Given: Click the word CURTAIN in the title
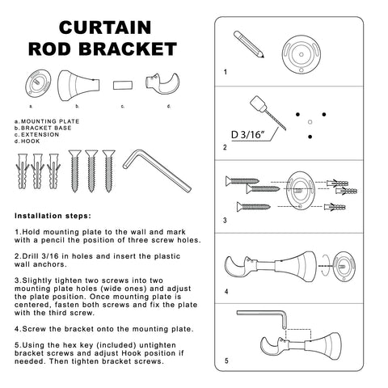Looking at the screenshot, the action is click(x=105, y=27).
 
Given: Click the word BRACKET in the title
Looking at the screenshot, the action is click(x=128, y=48).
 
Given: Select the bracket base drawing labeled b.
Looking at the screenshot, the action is click(x=78, y=86).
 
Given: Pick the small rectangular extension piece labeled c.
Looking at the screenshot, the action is click(x=123, y=85).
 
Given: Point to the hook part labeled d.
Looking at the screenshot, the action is click(x=162, y=83).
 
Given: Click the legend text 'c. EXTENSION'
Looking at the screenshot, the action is click(x=36, y=134).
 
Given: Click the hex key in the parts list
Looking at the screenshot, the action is click(x=157, y=171).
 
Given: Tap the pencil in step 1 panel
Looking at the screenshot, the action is click(x=249, y=44).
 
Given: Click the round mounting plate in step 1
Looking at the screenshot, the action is click(x=302, y=54).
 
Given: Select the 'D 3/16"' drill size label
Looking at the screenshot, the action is click(x=247, y=134).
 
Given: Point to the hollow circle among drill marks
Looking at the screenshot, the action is click(x=310, y=122).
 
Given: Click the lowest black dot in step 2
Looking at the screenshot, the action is click(x=310, y=137).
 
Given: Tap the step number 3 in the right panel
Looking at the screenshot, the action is click(x=225, y=221).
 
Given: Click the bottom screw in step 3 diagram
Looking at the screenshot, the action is click(x=254, y=207).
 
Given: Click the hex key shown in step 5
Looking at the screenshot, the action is click(x=261, y=318).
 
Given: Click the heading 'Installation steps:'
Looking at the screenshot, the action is click(x=53, y=216).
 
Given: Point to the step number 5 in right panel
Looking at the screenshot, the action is click(x=226, y=361).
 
